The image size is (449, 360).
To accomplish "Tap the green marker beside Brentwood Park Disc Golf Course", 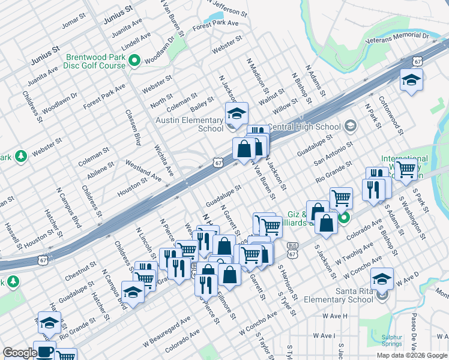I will point(135,61).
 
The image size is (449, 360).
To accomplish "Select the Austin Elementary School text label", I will point(190,124).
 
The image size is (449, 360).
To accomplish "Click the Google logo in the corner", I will point(19,353).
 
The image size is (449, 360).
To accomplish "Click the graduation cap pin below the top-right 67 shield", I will point(411,80).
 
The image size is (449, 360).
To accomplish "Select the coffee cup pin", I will point(44,351).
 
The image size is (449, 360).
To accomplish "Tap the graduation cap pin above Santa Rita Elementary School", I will point(382,279).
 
